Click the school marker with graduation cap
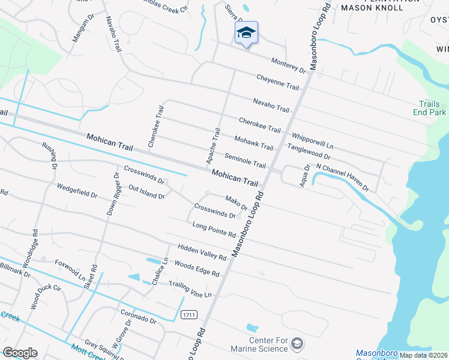coord(246,33)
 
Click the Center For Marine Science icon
coord(297,344)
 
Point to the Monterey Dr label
coord(289,66)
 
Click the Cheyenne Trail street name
coord(277,82)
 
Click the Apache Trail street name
coord(214,146)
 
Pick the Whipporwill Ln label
coord(312,142)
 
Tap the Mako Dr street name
coord(236,203)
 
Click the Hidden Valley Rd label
coord(202,253)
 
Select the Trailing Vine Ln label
coord(190,289)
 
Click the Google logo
coord(20,353)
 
